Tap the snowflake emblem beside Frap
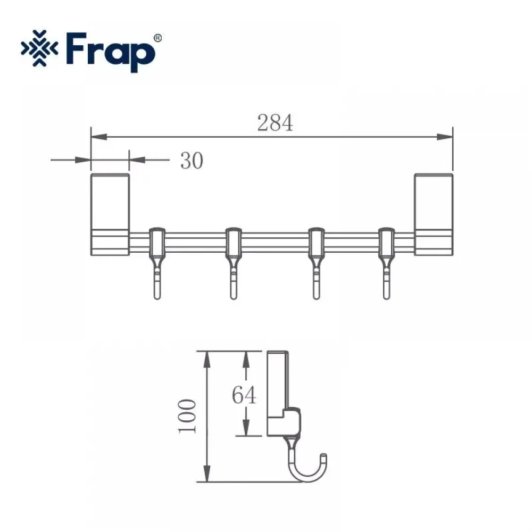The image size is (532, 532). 39,48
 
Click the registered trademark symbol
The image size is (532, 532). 158,38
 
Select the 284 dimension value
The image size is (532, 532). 275,123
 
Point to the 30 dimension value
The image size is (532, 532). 192,161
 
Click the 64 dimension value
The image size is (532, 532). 244,395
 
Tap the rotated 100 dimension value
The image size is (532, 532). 187,417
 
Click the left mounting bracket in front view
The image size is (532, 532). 110,214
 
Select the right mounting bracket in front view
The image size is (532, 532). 434,214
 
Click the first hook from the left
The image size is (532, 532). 157,263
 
